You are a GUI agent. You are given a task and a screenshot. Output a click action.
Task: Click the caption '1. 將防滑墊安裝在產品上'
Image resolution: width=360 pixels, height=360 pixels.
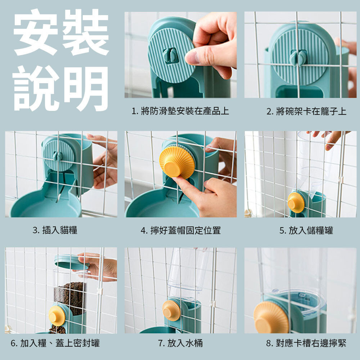click(180, 111)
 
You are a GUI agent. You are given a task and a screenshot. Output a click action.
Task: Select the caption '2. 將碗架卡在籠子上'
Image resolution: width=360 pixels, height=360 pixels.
click(306, 111)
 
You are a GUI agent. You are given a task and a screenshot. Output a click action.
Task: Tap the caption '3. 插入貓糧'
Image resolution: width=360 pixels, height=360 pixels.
click(55, 230)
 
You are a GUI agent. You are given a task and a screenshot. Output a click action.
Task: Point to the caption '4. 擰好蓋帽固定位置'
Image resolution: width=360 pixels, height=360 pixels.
click(180, 230)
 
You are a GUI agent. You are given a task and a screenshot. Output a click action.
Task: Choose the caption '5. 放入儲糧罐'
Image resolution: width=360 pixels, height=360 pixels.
click(306, 230)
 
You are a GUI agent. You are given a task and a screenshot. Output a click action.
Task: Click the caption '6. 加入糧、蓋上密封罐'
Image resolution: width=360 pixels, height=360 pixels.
click(55, 343)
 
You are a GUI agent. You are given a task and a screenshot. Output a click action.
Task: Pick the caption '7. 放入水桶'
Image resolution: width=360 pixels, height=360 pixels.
click(180, 343)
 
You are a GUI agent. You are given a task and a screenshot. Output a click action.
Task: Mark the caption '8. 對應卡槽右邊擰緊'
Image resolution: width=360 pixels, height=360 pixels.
click(306, 343)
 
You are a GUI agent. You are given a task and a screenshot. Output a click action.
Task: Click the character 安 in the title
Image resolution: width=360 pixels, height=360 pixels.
click(36, 32)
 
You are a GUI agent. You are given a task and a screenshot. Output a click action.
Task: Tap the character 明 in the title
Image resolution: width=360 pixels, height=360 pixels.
click(86, 89)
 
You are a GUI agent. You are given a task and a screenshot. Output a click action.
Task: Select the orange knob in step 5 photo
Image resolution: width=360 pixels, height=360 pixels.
click(296, 203)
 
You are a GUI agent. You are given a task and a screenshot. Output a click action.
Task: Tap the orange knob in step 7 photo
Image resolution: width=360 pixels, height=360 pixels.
click(171, 311)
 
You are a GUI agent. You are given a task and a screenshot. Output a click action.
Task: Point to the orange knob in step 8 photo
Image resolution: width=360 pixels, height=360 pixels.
click(271, 318)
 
